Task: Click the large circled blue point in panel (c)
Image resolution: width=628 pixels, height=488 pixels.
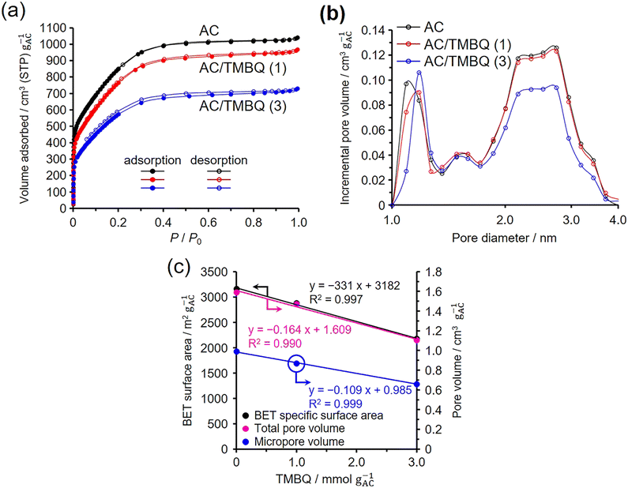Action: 296,363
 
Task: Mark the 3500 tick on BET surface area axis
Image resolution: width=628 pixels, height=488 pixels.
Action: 212,272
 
